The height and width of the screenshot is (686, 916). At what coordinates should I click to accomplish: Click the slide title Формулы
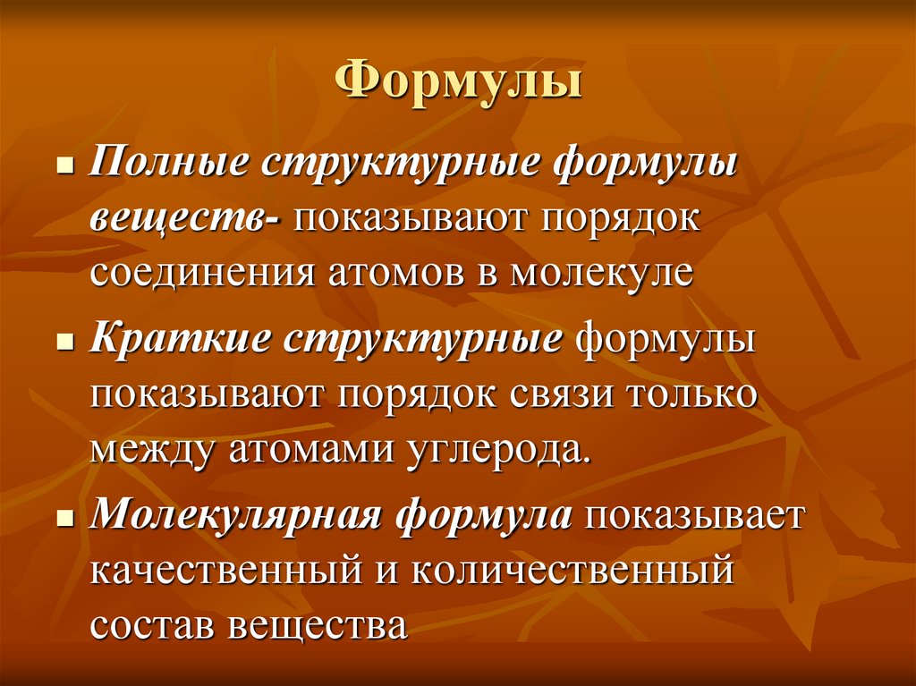point(458,85)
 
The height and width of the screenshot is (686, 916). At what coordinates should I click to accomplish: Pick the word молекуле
point(601,271)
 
